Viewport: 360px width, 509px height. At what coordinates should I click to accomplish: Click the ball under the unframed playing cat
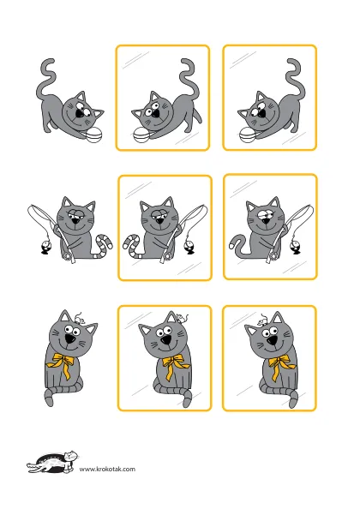click(95, 135)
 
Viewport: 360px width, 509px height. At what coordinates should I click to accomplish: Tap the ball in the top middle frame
click(141, 135)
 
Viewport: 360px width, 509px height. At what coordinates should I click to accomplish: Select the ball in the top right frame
click(248, 135)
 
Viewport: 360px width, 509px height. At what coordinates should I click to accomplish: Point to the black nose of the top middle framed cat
click(155, 113)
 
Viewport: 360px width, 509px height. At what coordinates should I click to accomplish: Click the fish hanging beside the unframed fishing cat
click(45, 248)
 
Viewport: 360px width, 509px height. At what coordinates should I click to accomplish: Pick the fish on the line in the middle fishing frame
click(189, 248)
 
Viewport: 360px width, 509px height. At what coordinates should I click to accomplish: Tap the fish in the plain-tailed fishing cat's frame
click(296, 248)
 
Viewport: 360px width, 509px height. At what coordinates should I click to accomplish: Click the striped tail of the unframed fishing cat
click(104, 245)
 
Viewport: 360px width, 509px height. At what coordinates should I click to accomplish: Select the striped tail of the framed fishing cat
click(132, 245)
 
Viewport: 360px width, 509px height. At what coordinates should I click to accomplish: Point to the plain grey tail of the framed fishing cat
click(239, 246)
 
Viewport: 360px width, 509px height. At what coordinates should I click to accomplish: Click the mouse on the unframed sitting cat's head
click(79, 319)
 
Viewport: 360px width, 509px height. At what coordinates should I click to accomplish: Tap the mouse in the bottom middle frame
click(182, 317)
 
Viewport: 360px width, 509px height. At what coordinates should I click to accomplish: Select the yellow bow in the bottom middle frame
click(175, 365)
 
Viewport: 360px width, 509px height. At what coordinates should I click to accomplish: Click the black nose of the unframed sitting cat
click(69, 339)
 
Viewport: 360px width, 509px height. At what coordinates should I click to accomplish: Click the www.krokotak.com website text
click(107, 469)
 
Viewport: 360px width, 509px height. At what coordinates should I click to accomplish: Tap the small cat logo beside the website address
click(52, 462)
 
